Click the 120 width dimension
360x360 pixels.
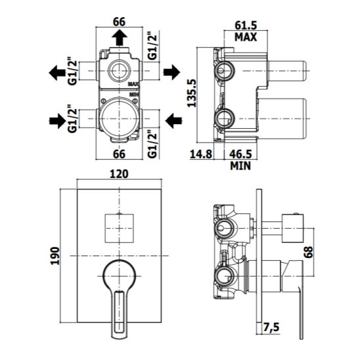[119, 174]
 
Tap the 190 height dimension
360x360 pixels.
[55, 256]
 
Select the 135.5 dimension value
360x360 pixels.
[192, 93]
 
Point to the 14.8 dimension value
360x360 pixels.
[201, 154]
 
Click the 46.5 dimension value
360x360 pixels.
[240, 154]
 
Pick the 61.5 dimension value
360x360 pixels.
[246, 26]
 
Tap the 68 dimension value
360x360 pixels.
[309, 252]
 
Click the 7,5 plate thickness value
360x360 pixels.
[271, 327]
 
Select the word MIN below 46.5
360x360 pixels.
[240, 166]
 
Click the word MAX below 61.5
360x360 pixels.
[246, 37]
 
